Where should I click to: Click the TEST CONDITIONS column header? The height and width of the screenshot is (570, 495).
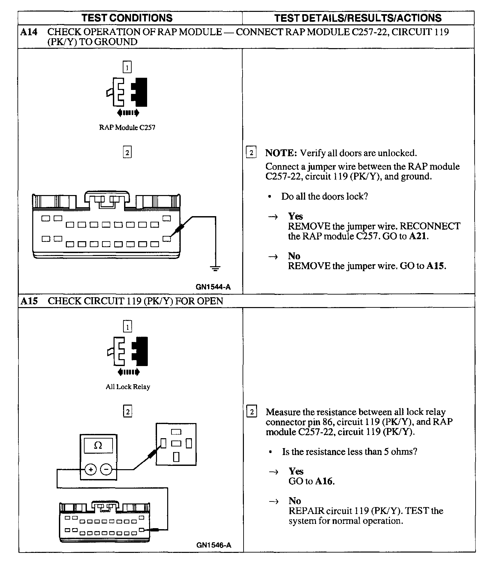pyautogui.click(x=127, y=18)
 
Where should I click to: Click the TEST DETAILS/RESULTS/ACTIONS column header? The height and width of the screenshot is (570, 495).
pyautogui.click(x=358, y=18)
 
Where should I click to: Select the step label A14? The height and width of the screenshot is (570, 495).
pyautogui.click(x=29, y=32)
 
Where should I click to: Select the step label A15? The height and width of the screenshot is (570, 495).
pyautogui.click(x=29, y=301)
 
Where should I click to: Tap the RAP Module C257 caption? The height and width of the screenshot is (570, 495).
pyautogui.click(x=127, y=128)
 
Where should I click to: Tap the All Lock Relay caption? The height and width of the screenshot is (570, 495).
pyautogui.click(x=128, y=387)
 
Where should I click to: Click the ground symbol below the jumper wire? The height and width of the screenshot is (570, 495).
pyautogui.click(x=215, y=268)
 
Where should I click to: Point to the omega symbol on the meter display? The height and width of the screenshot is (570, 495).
pyautogui.click(x=98, y=446)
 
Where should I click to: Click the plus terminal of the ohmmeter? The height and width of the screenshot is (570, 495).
pyautogui.click(x=91, y=469)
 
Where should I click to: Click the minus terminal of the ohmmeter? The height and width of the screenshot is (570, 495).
pyautogui.click(x=106, y=469)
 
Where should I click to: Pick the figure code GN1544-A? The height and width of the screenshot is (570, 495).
pyautogui.click(x=213, y=287)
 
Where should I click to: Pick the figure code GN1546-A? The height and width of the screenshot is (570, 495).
pyautogui.click(x=214, y=545)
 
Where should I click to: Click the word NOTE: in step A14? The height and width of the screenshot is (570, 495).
pyautogui.click(x=281, y=153)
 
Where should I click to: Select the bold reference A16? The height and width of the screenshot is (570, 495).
pyautogui.click(x=324, y=481)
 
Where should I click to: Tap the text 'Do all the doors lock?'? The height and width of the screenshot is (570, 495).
pyautogui.click(x=324, y=196)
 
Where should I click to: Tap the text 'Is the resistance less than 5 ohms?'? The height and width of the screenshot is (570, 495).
pyautogui.click(x=350, y=451)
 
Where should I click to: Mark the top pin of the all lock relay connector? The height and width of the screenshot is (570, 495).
pyautogui.click(x=176, y=432)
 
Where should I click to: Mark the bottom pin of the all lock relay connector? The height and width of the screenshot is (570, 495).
pyautogui.click(x=176, y=457)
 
